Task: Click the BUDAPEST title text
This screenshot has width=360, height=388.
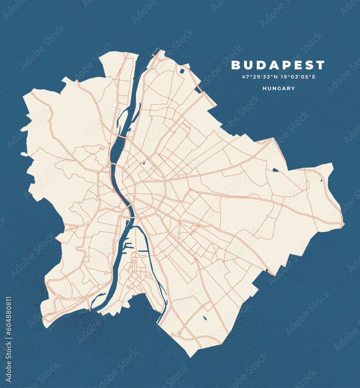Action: click(278, 65)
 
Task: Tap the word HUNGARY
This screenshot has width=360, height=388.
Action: click(279, 88)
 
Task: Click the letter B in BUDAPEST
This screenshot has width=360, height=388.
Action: click(236, 65)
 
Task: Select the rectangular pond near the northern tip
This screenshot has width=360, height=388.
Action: click(182, 71)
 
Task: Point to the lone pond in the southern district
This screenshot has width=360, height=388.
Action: click(204, 319)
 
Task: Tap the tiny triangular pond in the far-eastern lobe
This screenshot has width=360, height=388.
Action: click(321, 180)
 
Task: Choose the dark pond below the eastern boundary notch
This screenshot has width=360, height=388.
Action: click(276, 170)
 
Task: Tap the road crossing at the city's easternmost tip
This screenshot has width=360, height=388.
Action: click(342, 224)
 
